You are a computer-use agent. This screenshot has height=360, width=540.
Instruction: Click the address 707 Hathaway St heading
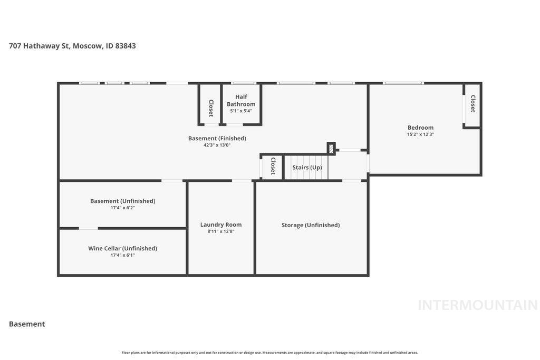(x=72, y=46)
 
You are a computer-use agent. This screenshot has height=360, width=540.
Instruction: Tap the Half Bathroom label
(x=241, y=100)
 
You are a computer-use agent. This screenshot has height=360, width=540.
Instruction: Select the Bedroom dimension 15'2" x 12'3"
(x=420, y=134)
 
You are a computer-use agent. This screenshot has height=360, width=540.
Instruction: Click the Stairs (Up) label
(x=307, y=168)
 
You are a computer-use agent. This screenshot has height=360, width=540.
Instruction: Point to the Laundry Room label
(x=221, y=225)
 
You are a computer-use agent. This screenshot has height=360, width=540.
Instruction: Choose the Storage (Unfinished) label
(x=311, y=225)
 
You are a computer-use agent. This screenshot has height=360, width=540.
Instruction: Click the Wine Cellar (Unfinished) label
(x=122, y=248)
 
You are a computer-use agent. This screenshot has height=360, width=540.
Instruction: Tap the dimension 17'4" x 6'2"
(x=122, y=208)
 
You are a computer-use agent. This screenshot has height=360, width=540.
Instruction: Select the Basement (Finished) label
(x=217, y=138)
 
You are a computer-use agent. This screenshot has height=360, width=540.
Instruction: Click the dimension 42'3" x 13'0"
(x=217, y=145)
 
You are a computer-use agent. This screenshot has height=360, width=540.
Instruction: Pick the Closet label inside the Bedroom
(x=473, y=104)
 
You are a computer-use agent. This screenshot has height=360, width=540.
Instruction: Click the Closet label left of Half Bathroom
(x=211, y=108)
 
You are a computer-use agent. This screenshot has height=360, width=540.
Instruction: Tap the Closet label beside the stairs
(x=273, y=166)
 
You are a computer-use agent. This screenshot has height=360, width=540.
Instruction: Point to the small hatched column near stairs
(x=331, y=149)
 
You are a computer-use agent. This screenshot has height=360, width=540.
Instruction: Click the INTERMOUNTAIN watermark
(x=477, y=305)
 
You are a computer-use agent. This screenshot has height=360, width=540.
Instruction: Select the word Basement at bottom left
(x=27, y=324)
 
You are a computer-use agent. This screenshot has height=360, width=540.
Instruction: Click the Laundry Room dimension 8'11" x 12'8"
(x=221, y=231)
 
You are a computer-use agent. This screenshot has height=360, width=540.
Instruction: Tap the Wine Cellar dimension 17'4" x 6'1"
(x=122, y=255)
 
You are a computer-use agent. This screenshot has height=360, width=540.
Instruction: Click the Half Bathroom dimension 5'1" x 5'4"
(x=241, y=111)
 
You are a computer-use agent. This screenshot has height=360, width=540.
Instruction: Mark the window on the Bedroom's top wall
(x=403, y=83)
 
